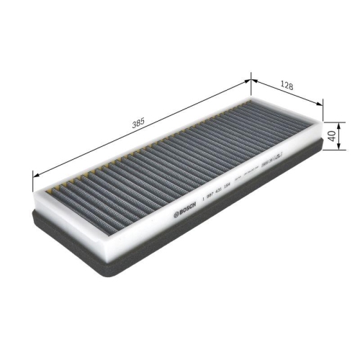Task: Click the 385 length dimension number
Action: tap(138, 122)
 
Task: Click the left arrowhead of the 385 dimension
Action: tap(35, 171)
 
